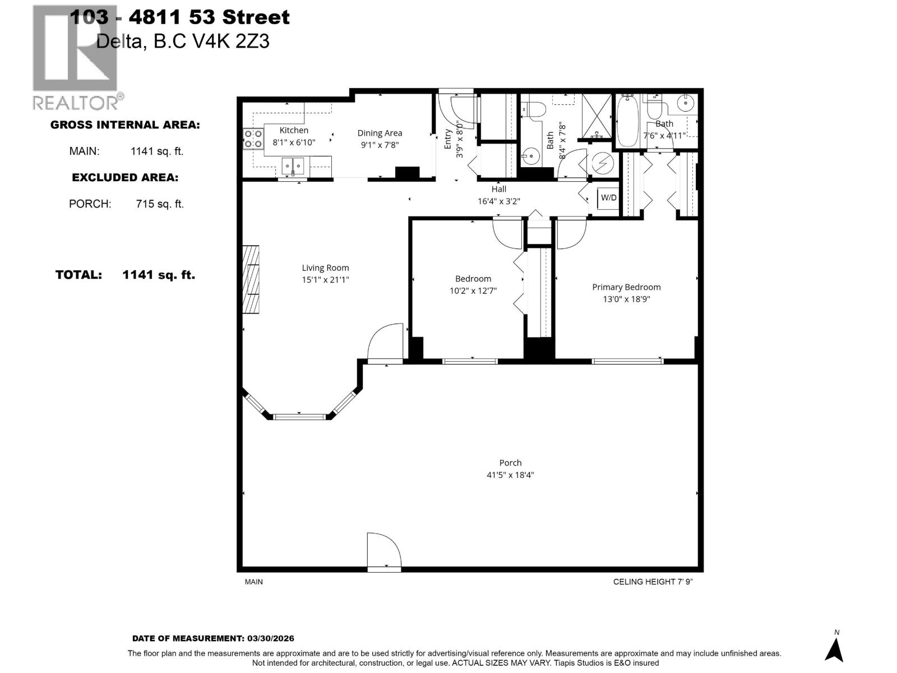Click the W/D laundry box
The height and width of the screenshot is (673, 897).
click(x=608, y=197)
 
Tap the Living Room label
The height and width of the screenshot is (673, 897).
click(x=325, y=268)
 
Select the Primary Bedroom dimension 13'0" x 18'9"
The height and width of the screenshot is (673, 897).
click(x=626, y=299)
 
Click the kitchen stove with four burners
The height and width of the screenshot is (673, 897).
click(x=253, y=139)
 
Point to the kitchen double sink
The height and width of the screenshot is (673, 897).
click(x=293, y=165)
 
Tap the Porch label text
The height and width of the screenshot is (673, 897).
click(x=510, y=463)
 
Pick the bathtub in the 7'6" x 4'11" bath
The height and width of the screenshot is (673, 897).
click(x=627, y=123)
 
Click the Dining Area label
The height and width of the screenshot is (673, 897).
click(x=380, y=133)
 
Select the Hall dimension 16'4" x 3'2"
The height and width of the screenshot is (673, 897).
click(x=498, y=201)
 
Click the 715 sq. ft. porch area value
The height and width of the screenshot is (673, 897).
click(x=160, y=204)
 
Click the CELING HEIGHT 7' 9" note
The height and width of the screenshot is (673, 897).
click(x=653, y=582)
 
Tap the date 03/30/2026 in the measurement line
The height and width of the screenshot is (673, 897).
click(x=270, y=638)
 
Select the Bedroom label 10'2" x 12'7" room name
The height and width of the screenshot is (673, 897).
click(x=473, y=279)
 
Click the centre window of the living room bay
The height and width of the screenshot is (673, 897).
click(x=300, y=416)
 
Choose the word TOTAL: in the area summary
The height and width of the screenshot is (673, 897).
click(x=78, y=275)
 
